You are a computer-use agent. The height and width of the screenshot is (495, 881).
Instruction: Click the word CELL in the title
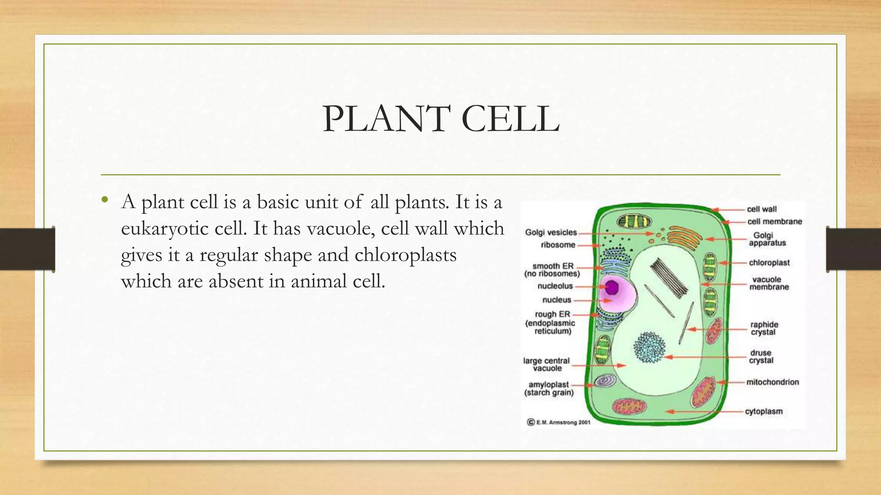[x=510, y=119]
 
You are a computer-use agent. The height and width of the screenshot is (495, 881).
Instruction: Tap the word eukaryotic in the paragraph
[x=181, y=229]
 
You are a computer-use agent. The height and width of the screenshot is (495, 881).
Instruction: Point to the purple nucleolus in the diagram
[x=611, y=287]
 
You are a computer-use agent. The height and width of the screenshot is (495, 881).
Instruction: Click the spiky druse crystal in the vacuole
[x=649, y=347]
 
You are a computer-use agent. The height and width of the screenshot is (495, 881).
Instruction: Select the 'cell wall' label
[x=762, y=209]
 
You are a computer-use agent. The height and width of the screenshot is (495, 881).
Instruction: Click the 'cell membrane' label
[x=775, y=222]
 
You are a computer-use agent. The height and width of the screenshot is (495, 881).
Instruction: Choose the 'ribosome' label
[x=558, y=245]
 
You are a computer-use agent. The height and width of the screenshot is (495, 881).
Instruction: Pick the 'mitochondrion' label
[x=773, y=382]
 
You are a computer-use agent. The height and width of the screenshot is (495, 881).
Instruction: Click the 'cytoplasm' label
[x=764, y=411]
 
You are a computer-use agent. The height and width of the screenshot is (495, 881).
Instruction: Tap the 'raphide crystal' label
[x=764, y=328]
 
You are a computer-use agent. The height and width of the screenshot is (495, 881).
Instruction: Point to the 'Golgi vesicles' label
[x=551, y=232]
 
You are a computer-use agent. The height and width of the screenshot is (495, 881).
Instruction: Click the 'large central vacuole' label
[x=547, y=364]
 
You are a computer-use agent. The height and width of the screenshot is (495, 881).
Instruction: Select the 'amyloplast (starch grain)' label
[x=549, y=388]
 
